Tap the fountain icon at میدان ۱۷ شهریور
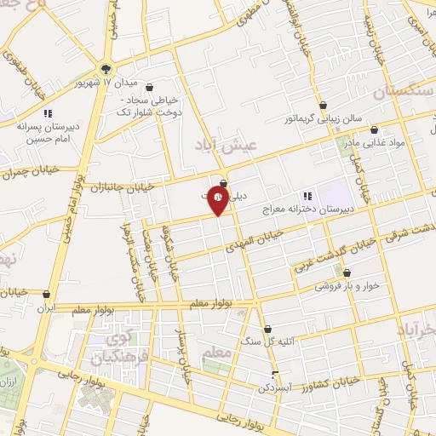pos(106,69)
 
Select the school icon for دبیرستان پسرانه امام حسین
pos(48,112)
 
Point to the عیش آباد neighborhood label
pos(226,146)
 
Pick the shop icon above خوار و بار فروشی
pos(347,274)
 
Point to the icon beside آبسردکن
pos(274,374)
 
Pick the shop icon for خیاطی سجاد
pos(150,87)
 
